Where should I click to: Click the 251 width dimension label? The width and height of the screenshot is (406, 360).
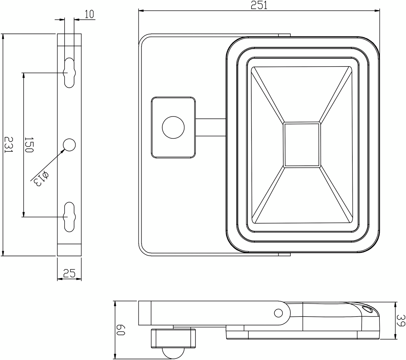point(259,5)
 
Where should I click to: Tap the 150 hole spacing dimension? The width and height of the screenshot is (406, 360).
point(29,145)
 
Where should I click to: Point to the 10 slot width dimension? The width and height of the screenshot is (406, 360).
point(89,14)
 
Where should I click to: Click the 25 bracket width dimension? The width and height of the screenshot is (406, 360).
point(69,273)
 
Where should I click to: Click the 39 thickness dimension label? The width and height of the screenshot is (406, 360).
point(400,320)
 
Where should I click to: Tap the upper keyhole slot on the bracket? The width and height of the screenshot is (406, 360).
point(69,73)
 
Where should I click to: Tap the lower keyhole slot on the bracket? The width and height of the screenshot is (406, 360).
point(69,217)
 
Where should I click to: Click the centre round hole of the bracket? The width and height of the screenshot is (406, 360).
point(69,145)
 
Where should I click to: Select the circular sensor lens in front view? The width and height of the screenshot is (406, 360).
point(173,127)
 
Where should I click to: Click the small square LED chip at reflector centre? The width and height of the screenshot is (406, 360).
point(302,145)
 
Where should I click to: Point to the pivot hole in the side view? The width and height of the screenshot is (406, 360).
point(278,313)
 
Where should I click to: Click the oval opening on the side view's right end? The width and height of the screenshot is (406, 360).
point(367,309)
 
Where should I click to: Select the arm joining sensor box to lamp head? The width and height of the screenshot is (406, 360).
point(211,127)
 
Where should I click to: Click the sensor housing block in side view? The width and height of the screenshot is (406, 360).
point(173,338)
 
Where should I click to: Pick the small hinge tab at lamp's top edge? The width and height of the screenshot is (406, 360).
point(284,35)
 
